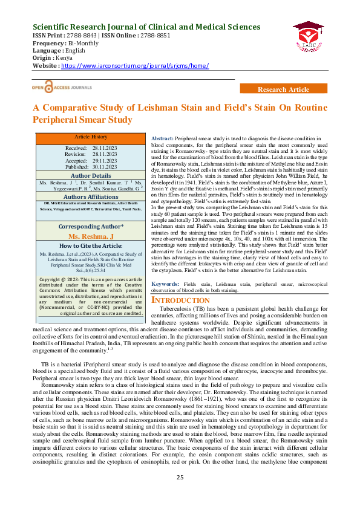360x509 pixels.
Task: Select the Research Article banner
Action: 283,89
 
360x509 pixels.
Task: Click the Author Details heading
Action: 90,175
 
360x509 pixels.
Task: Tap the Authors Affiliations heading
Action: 90,196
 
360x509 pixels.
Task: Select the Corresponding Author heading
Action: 90,226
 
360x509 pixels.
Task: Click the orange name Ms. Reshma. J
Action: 90,236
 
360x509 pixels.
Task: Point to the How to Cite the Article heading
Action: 90,245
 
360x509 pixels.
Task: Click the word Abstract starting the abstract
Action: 162,139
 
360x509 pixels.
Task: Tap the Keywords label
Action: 164,300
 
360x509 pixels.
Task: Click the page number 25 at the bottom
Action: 180,494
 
